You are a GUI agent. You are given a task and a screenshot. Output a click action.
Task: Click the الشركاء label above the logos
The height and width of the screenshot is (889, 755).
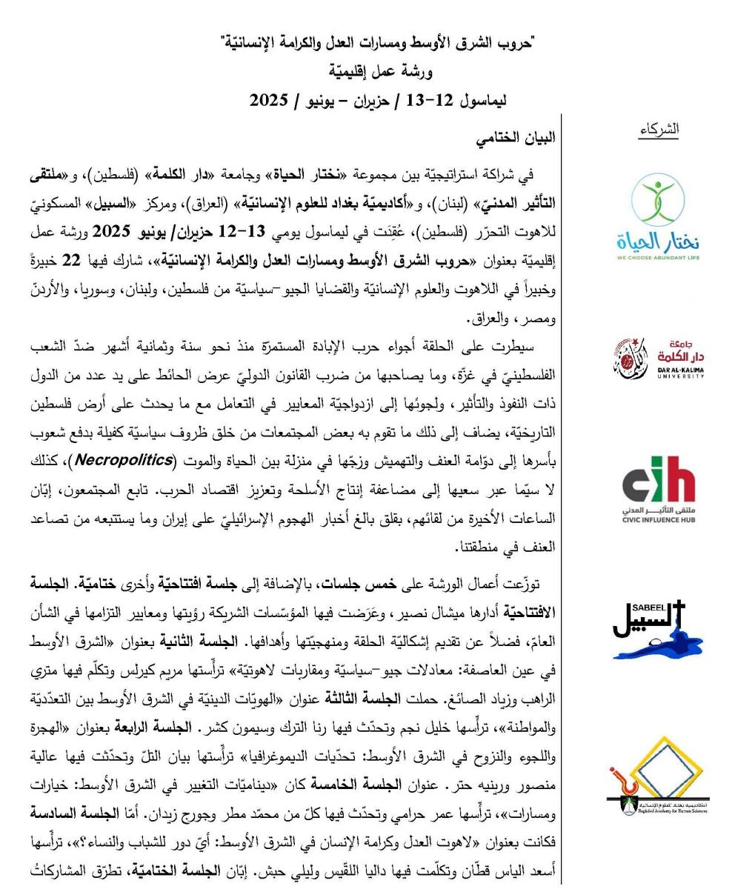tap(659, 130)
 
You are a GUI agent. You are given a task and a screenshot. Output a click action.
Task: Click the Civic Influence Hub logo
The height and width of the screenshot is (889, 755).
tap(659, 493)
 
